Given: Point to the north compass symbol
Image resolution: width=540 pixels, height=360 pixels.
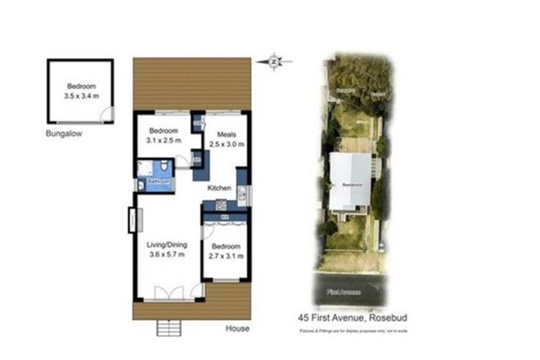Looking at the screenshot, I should pyautogui.click(x=276, y=60).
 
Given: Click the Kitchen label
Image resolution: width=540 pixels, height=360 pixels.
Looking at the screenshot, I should pyautogui.click(x=218, y=188).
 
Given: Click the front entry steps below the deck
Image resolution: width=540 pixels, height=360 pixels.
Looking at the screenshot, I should pyautogui.click(x=169, y=327).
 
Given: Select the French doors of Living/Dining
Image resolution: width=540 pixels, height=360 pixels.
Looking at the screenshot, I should pyautogui.click(x=176, y=291).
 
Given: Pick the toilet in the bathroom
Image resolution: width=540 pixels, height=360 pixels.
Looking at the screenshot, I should pyautogui.click(x=165, y=168).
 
